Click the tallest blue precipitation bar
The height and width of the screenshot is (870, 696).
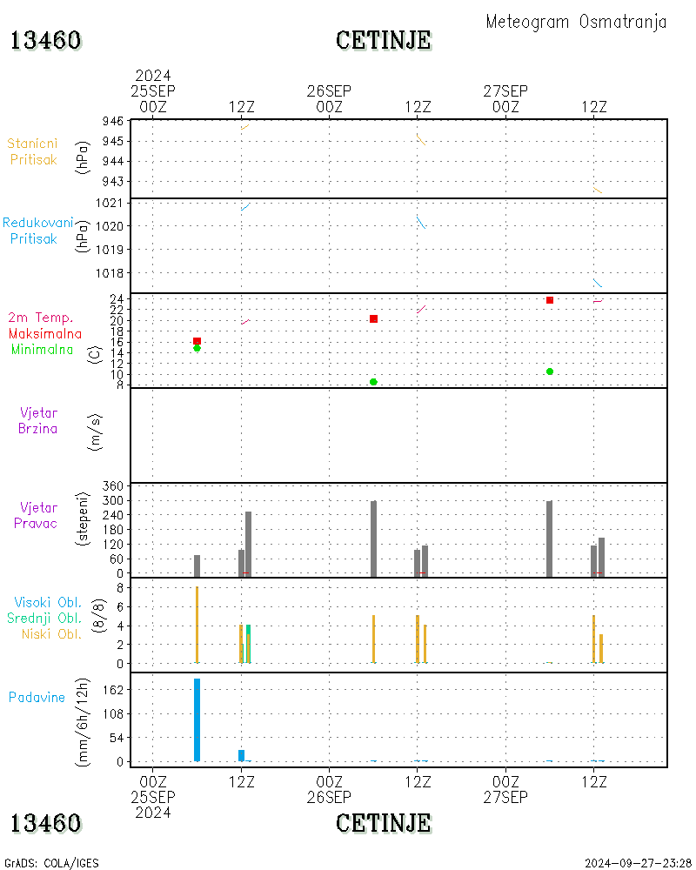point(197,719)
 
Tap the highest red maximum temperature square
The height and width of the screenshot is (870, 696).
point(550,300)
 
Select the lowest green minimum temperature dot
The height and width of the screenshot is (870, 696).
point(373,382)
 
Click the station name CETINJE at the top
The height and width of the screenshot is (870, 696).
point(383,40)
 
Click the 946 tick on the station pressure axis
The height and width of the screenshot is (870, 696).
point(113,121)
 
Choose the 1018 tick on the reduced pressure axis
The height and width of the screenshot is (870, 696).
point(111,272)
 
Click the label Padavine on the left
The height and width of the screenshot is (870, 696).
point(37,697)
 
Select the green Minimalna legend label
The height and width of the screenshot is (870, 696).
point(42,349)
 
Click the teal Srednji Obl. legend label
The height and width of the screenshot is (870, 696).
point(47,618)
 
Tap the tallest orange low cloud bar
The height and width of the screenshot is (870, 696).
point(197,625)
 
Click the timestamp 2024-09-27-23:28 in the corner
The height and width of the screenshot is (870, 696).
point(638,863)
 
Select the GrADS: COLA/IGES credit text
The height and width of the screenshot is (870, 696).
point(51,863)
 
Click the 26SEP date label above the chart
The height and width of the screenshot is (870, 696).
point(329,91)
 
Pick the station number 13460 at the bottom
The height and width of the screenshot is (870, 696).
point(46,823)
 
